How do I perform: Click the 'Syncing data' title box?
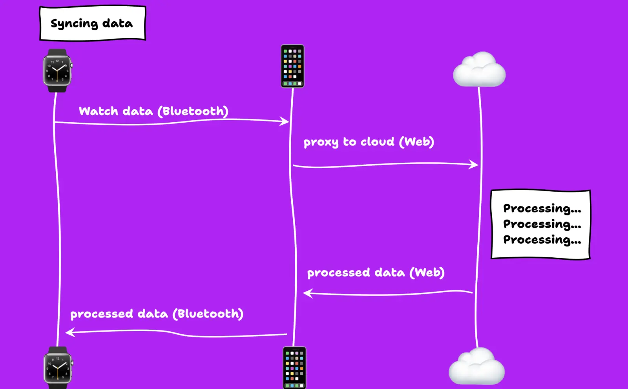93,23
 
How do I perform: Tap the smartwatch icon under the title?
57,71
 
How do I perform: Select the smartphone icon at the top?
292,66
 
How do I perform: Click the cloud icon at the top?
479,70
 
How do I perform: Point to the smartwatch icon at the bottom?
58,368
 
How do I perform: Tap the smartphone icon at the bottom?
294,368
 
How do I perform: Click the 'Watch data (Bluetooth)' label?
153,111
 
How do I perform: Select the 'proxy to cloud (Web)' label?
369,142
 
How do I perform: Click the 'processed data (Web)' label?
376,273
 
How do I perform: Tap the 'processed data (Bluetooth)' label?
157,314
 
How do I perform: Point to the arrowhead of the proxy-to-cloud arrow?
475,164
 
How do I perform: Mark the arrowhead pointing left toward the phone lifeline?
307,293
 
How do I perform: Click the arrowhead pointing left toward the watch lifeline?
69,332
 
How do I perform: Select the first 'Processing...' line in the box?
542,208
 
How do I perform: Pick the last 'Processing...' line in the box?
542,240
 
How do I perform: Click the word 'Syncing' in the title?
74,24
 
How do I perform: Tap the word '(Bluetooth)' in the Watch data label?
193,111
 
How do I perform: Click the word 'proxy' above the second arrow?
321,142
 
